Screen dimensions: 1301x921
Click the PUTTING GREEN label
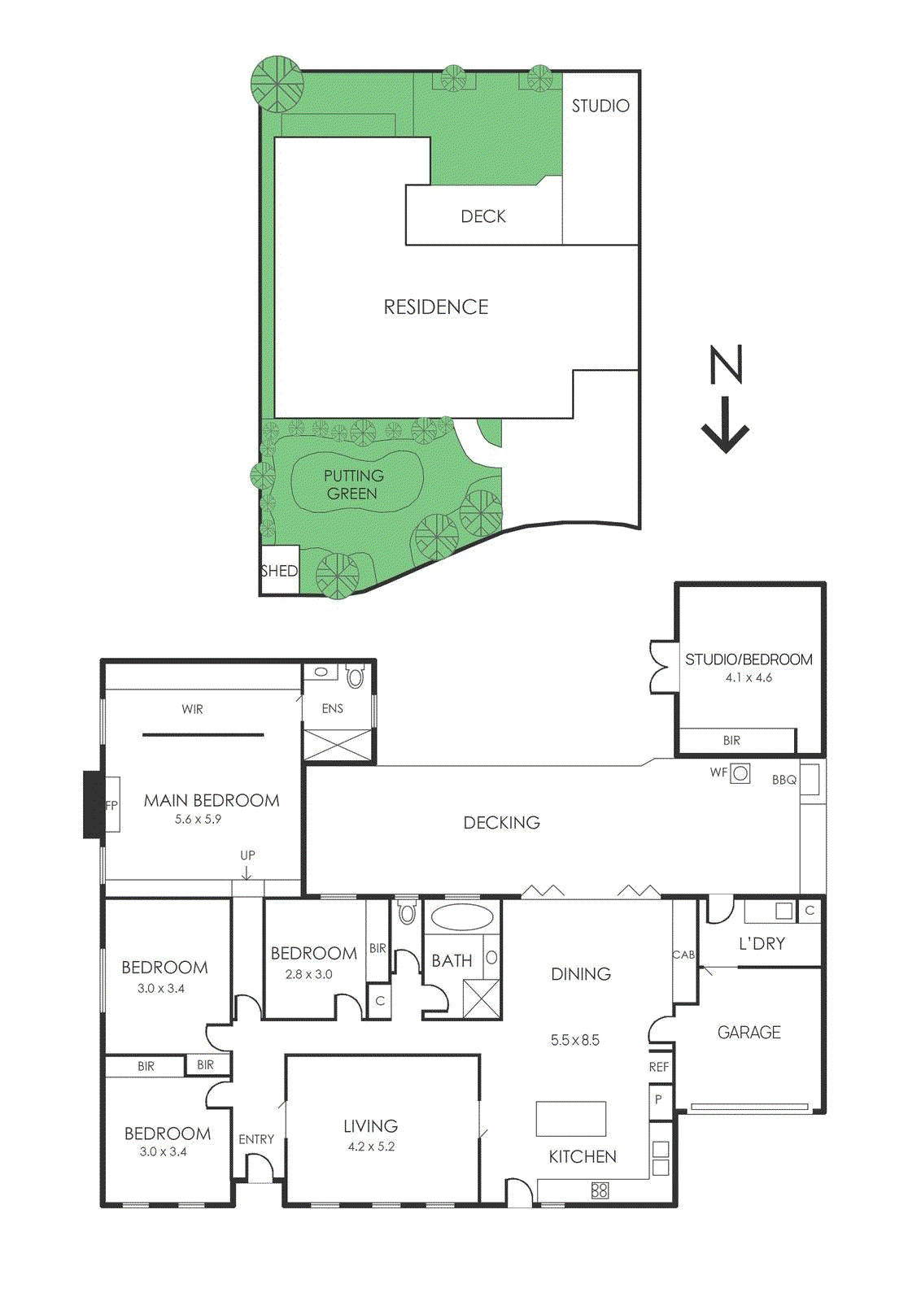click(353, 485)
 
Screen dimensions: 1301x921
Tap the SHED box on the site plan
click(279, 571)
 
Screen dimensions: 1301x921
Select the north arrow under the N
click(725, 426)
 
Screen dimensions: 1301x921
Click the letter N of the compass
click(726, 364)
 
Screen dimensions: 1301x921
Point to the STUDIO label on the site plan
click(600, 106)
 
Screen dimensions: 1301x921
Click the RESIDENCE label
click(436, 307)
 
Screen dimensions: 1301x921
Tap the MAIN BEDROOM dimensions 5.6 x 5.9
click(198, 820)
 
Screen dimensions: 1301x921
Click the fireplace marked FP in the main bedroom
click(111, 805)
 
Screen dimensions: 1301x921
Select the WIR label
click(192, 709)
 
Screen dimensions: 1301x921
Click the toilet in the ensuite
click(355, 676)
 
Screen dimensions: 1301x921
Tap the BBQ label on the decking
click(784, 780)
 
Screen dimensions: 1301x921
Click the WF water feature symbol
click(740, 773)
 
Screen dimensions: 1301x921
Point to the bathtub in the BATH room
click(461, 917)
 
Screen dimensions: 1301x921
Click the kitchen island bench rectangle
click(570, 1119)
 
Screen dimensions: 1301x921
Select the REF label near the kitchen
click(659, 1067)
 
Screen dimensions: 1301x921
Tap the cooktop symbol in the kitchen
click(600, 1190)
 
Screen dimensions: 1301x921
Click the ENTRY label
click(256, 1139)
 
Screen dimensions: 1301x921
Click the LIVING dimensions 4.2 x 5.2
click(371, 1147)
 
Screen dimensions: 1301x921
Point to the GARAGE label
click(749, 1033)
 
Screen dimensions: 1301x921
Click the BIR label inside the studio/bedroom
click(731, 741)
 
